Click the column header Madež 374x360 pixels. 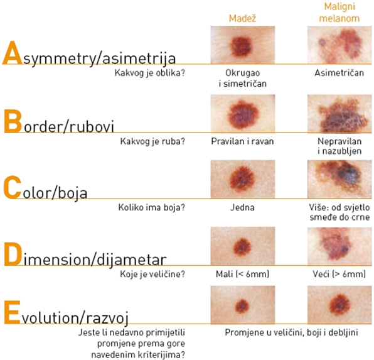[242, 18]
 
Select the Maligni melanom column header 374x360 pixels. [339, 13]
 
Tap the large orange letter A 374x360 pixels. [13, 53]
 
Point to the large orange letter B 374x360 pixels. [13, 121]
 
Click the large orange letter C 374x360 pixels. [13, 187]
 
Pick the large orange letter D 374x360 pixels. [13, 254]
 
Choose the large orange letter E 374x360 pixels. [12, 312]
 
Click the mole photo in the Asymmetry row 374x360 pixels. [243, 45]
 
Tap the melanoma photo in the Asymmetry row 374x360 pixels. [339, 45]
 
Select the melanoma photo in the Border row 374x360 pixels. [339, 114]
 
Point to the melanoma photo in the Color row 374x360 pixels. [339, 179]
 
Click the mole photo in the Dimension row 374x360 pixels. [243, 246]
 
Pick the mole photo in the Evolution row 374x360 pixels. [243, 305]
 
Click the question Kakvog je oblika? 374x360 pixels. [150, 73]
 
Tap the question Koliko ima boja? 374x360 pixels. [152, 207]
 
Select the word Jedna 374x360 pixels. [242, 207]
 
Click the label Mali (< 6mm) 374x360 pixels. [242, 274]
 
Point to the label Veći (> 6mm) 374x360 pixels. [339, 274]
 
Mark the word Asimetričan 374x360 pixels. [339, 73]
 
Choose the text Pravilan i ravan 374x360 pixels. [242, 141]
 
